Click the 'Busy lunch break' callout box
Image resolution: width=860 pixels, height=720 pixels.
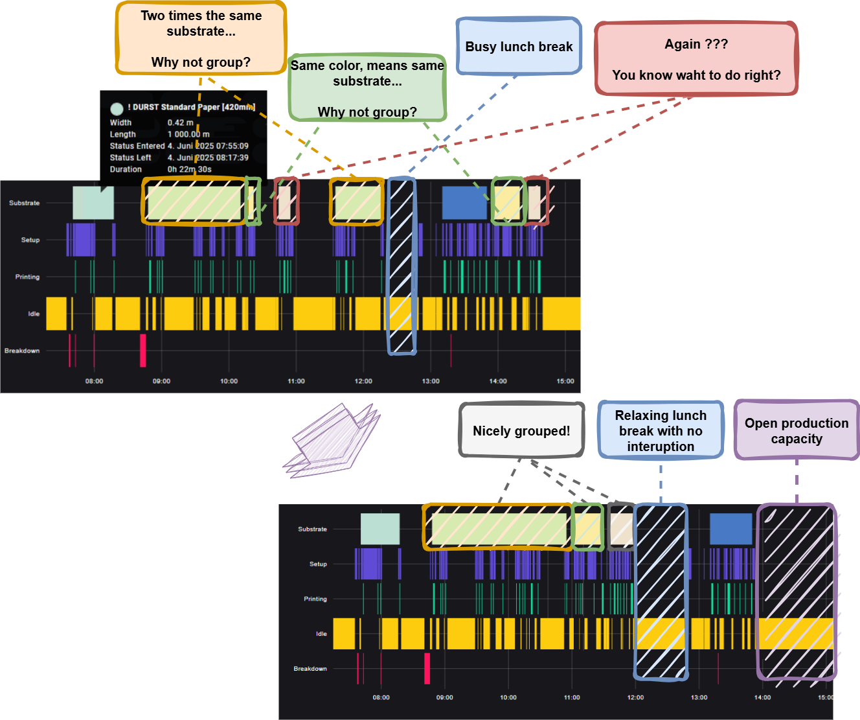click(519, 47)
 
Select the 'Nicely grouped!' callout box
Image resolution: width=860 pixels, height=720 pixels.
click(521, 431)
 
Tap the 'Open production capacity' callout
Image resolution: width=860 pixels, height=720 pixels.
click(797, 430)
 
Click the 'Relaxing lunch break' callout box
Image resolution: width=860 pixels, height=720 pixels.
click(661, 430)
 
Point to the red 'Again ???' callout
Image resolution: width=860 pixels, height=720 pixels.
click(696, 59)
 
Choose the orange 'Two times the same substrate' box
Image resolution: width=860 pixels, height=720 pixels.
click(201, 38)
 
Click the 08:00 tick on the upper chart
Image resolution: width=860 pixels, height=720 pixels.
click(94, 381)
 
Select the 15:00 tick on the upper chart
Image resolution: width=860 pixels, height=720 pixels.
click(565, 381)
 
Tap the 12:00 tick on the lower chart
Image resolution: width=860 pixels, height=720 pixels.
click(635, 697)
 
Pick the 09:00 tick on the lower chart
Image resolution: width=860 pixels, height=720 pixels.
click(444, 697)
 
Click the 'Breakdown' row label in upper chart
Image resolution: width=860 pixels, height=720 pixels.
click(22, 351)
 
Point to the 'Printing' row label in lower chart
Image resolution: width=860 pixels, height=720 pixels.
click(315, 599)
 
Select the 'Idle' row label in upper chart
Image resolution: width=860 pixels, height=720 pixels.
click(34, 314)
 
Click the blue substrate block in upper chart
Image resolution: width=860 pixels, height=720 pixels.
click(464, 203)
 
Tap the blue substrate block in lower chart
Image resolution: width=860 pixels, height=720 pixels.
click(730, 529)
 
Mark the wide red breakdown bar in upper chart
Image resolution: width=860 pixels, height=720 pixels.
click(142, 351)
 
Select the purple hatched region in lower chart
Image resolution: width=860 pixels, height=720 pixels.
click(797, 591)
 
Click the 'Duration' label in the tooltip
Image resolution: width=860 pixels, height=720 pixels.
click(126, 169)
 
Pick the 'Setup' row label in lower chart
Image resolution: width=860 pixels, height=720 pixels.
click(318, 564)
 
